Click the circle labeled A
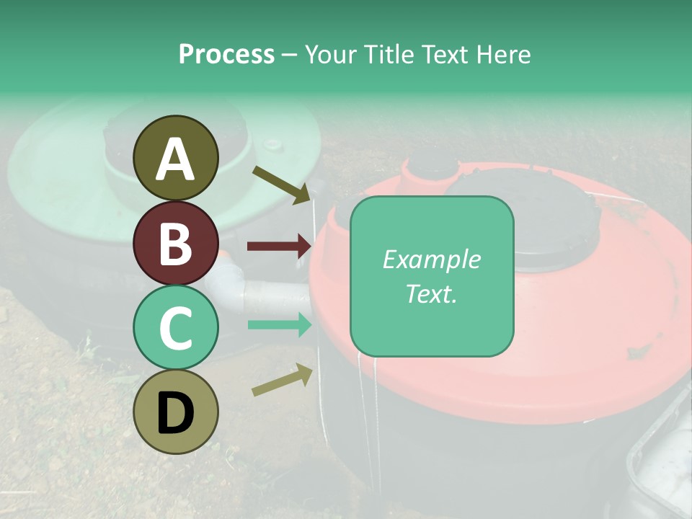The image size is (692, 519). point(176,158)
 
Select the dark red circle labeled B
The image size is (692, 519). point(176,244)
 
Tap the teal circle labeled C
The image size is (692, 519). point(176,328)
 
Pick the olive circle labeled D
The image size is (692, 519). point(176,412)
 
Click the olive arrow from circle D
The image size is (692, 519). point(282,380)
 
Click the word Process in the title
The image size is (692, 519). point(226,54)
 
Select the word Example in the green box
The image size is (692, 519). point(431,259)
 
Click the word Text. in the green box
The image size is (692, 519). point(431,293)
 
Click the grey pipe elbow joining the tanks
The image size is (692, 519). point(229,278)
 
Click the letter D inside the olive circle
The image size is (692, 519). point(176,414)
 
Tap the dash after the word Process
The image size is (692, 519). point(290,54)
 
